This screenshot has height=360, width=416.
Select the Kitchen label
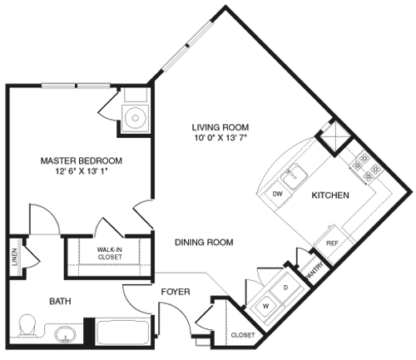point(330,195)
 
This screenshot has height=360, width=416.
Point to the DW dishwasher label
point(278,194)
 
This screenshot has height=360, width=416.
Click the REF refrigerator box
point(331,243)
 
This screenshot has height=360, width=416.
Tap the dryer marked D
point(286,287)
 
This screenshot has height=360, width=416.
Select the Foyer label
point(176,293)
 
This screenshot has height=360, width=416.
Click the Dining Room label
point(204,243)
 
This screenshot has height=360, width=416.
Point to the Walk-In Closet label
point(110,253)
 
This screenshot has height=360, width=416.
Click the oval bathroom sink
point(66,335)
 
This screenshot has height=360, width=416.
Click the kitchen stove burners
point(367,165)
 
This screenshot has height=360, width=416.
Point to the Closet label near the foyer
point(242,335)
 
